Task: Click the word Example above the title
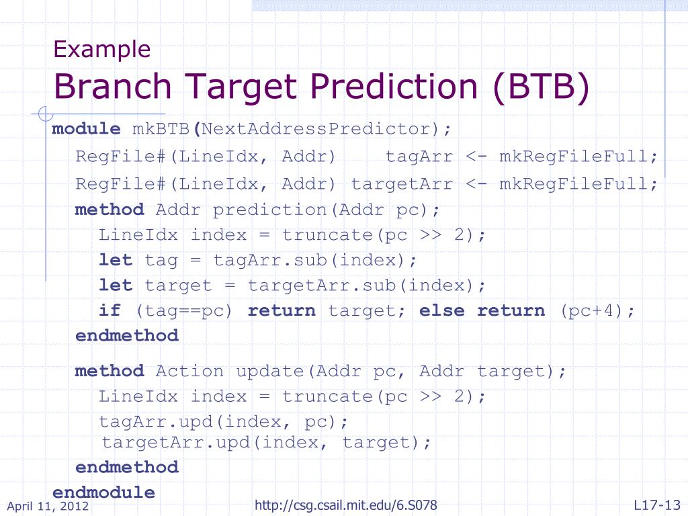point(102,49)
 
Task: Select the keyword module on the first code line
point(87,129)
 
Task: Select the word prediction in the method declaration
point(269,210)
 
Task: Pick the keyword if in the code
point(110,310)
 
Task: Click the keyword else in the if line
point(442,310)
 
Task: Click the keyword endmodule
point(103,492)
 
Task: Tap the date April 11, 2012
point(48,506)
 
